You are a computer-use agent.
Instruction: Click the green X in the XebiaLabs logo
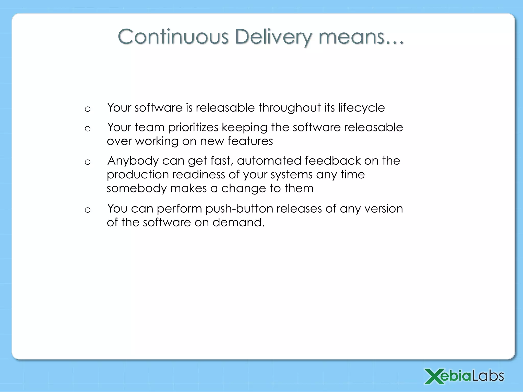coord(433,376)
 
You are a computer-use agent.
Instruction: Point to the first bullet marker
coord(88,109)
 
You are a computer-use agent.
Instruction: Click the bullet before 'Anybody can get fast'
coord(88,162)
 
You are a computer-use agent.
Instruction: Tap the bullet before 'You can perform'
coord(88,210)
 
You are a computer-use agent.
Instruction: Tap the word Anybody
coord(133,161)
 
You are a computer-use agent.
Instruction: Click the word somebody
coord(137,188)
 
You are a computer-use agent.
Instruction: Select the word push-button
coord(239,209)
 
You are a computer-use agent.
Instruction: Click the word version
coord(384,209)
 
